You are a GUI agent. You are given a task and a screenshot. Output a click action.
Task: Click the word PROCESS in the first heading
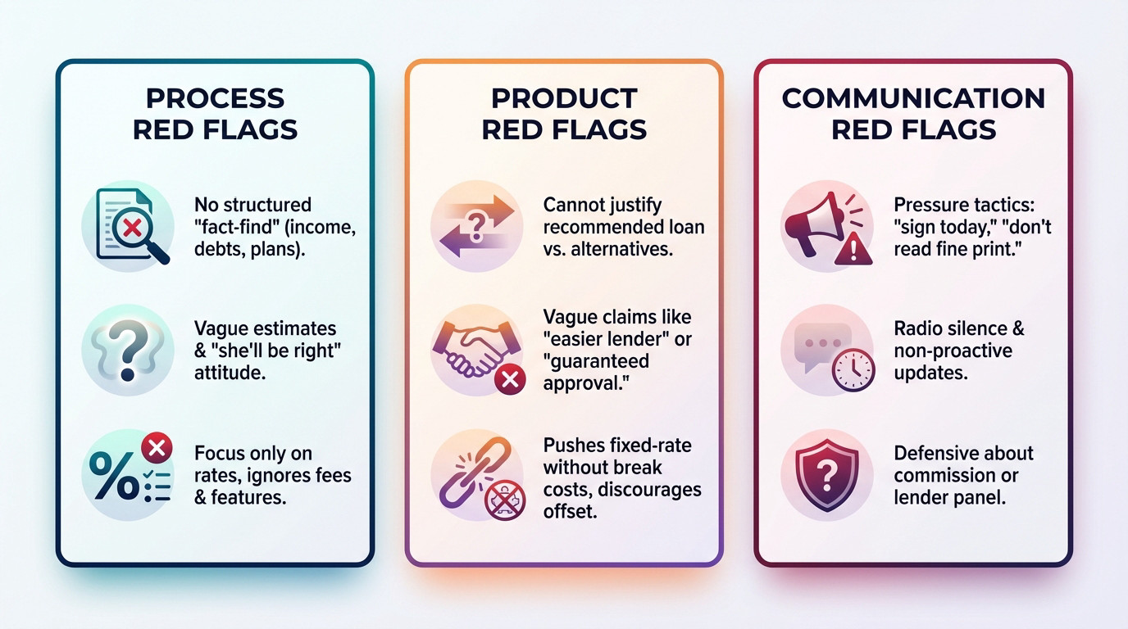coord(215,98)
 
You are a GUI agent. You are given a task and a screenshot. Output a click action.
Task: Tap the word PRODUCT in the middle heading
coord(564,98)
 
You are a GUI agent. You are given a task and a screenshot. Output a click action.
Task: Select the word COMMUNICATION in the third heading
coord(913,98)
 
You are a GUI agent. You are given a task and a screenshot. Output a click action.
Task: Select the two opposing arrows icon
coord(476,226)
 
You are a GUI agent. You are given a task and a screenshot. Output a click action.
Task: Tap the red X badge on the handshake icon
coord(509,379)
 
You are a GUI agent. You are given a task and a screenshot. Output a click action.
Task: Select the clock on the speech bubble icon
coord(853,371)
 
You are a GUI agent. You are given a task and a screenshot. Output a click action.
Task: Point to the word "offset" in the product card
coord(571,511)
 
